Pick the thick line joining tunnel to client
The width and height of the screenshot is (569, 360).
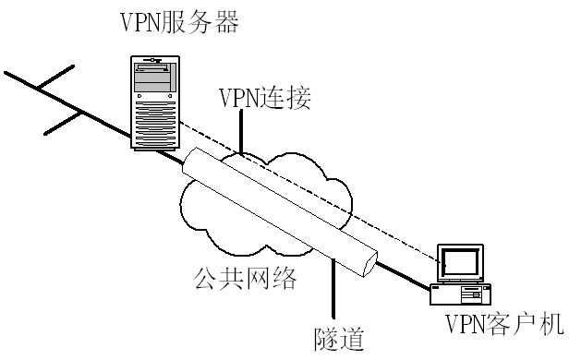402,274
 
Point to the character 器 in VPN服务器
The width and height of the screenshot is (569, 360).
227,20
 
